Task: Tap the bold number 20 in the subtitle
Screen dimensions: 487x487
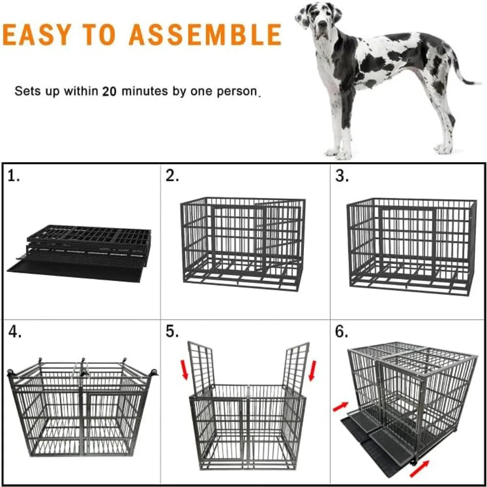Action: click(x=109, y=91)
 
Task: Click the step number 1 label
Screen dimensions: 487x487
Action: click(x=14, y=176)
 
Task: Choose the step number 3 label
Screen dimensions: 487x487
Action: click(x=342, y=176)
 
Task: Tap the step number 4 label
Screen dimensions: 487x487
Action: click(x=15, y=332)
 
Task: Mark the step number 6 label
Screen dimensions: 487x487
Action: click(x=342, y=332)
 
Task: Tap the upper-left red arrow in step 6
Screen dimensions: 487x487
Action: click(x=341, y=406)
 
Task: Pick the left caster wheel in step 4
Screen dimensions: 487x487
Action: click(x=11, y=374)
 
